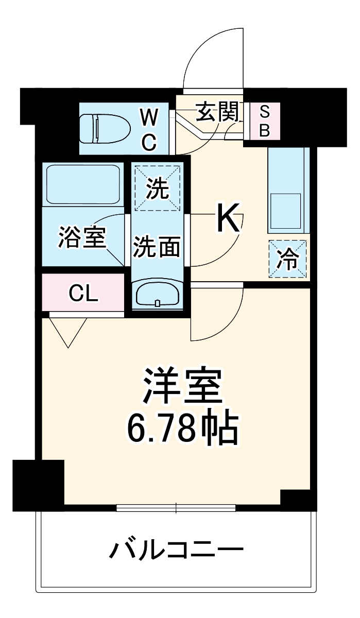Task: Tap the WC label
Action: click(x=149, y=129)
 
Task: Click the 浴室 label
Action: click(x=82, y=237)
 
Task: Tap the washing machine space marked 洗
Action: click(x=157, y=188)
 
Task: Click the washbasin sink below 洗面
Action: click(x=158, y=295)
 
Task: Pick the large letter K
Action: click(x=227, y=218)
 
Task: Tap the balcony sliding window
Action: click(x=176, y=508)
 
